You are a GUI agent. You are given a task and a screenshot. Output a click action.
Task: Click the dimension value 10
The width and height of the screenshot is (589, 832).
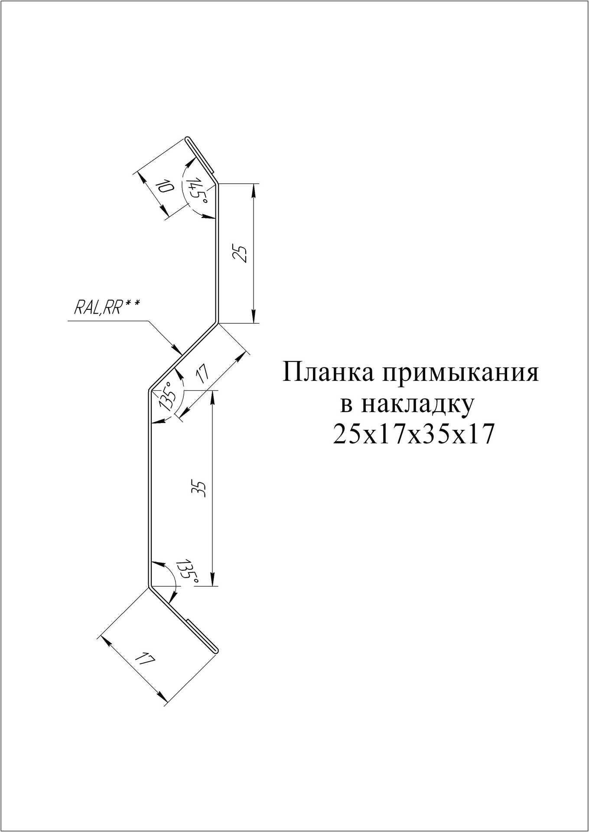click(x=164, y=188)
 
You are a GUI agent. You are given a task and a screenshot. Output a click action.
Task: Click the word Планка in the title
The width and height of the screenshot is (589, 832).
click(x=328, y=373)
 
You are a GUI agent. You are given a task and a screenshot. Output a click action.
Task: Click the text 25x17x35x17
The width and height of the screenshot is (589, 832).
click(x=413, y=435)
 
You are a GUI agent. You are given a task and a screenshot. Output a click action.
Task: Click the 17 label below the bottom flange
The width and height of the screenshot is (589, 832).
click(x=144, y=672)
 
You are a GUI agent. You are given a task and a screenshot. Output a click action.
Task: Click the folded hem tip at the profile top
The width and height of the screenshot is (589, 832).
click(x=188, y=139)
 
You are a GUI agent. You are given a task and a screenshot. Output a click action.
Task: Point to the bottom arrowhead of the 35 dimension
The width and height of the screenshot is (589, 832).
click(x=212, y=582)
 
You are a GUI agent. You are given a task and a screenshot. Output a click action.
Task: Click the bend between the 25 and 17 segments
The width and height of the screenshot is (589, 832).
click(x=217, y=322)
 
